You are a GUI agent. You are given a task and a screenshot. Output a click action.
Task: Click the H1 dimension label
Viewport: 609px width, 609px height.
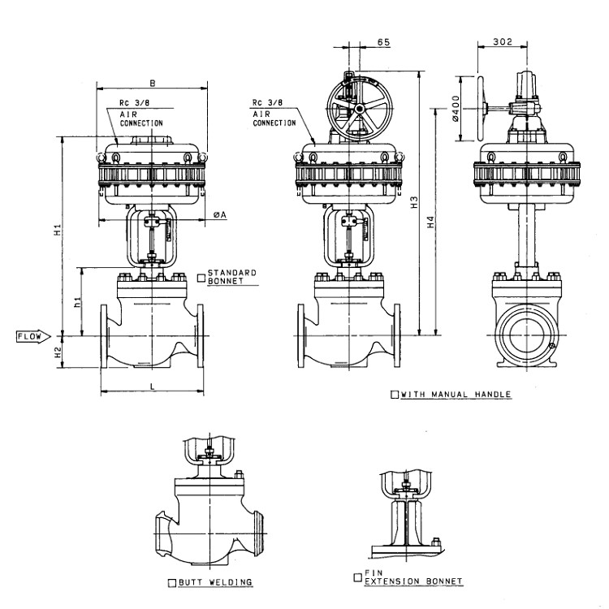pyautogui.click(x=58, y=230)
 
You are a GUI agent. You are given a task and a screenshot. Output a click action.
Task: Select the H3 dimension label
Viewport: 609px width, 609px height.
pyautogui.click(x=414, y=203)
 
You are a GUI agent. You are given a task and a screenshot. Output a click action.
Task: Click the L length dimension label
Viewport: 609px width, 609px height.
pyautogui.click(x=153, y=387)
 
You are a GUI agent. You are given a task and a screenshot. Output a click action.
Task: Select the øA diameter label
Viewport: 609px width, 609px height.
pyautogui.click(x=219, y=214)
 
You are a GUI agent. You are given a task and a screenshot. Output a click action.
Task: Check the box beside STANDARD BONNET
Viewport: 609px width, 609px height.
pyautogui.click(x=201, y=277)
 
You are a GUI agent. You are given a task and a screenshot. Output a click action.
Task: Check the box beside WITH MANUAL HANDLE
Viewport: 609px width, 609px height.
pyautogui.click(x=395, y=395)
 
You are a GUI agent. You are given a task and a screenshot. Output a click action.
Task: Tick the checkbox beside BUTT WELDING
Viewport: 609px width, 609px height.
pyautogui.click(x=171, y=582)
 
